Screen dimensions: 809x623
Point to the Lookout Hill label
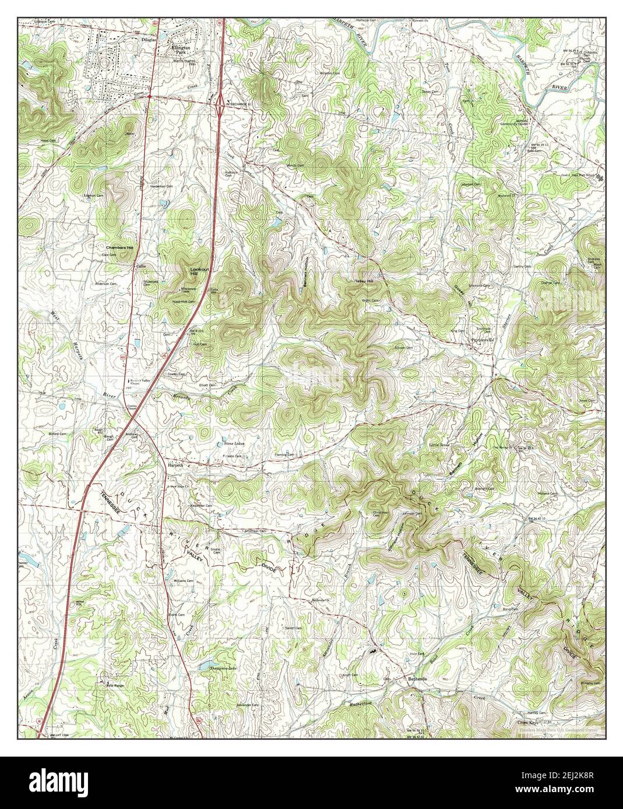point(199,270)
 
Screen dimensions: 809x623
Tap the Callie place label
point(140,265)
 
